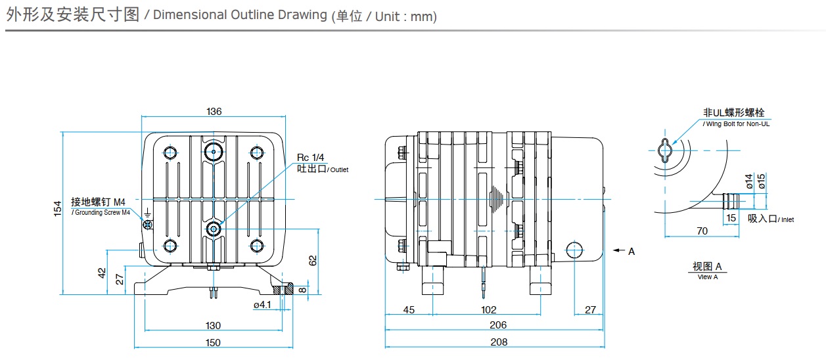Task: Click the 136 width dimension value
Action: (214, 112)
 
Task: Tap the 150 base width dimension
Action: (212, 342)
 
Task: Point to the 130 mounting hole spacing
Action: (213, 325)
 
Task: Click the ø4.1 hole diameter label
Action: (262, 305)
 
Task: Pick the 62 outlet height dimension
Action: (313, 261)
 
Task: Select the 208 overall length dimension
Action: (499, 342)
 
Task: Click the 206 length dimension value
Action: (499, 325)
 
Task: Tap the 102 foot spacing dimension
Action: (489, 309)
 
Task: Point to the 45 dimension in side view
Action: (409, 309)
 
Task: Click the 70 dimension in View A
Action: (702, 231)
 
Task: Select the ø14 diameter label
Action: (749, 181)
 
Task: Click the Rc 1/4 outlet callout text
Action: (311, 158)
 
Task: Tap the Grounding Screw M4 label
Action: (101, 212)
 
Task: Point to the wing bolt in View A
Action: (666, 150)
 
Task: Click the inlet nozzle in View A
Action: (729, 199)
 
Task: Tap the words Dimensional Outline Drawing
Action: (239, 15)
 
